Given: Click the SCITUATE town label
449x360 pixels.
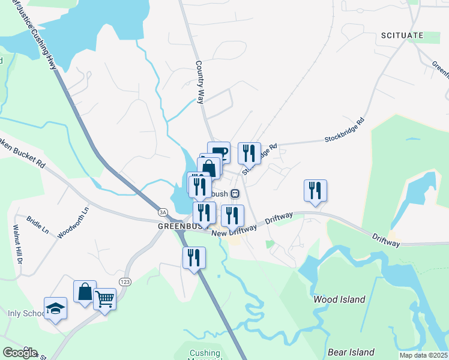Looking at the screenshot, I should tap(402, 36).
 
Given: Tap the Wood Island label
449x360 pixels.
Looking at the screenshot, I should tap(339, 299).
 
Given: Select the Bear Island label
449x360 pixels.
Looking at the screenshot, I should tap(351, 352).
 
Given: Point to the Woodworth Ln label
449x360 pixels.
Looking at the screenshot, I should tap(73, 223).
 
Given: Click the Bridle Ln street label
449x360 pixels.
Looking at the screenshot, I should tap(37, 224).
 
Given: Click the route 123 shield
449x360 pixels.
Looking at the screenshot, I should tap(125, 281).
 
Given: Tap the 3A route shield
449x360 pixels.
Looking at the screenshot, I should tap(162, 212).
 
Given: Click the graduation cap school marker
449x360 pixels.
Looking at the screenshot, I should tap(55, 308).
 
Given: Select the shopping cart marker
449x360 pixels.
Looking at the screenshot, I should tap(104, 298).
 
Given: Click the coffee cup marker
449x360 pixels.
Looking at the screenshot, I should tap(219, 151).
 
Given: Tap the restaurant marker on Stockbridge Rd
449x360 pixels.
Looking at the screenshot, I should tap(249, 153).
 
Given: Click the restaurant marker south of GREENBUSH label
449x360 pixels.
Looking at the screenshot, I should tap(194, 258).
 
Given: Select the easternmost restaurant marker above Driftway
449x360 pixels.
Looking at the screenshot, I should tap(315, 191).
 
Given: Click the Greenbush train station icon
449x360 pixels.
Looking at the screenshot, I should tap(235, 194).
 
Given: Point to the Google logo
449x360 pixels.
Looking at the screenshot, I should tap(19, 353).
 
